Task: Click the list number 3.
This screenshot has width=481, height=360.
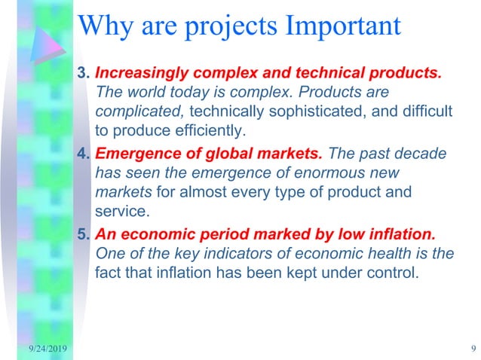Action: point(83,75)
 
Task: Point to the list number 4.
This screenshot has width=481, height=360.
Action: point(83,154)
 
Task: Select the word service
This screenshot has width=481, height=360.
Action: point(119,210)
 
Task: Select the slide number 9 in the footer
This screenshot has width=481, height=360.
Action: point(470,347)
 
